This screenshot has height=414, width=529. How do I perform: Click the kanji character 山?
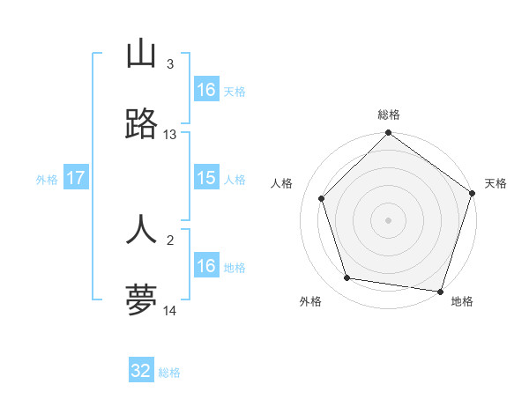pyautogui.click(x=141, y=54)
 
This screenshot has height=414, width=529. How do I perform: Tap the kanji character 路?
pyautogui.click(x=141, y=126)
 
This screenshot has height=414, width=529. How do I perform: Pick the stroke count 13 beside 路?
pyautogui.click(x=170, y=135)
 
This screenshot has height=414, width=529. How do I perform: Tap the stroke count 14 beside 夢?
pyautogui.click(x=170, y=311)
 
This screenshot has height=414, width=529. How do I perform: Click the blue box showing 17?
pyautogui.click(x=76, y=179)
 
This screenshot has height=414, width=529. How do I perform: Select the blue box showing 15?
pyautogui.click(x=206, y=179)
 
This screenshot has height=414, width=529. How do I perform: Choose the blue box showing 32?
pyautogui.click(x=141, y=371)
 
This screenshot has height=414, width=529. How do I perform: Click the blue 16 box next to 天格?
pyautogui.click(x=206, y=90)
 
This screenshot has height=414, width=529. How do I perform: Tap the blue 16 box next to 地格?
pyautogui.click(x=206, y=266)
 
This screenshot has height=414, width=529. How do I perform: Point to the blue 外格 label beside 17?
pyautogui.click(x=47, y=180)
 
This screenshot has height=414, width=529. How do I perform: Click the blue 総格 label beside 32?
pyautogui.click(x=169, y=373)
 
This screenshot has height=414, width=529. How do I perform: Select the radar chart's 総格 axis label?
pyautogui.click(x=388, y=115)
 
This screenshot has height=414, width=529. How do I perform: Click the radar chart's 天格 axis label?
pyautogui.click(x=495, y=183)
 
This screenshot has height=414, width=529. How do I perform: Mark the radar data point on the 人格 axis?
pyautogui.click(x=322, y=198)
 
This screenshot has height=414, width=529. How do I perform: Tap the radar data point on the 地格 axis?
pyautogui.click(x=440, y=291)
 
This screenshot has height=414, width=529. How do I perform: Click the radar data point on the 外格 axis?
pyautogui.click(x=347, y=278)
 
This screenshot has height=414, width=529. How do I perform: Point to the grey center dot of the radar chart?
pyautogui.click(x=388, y=220)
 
